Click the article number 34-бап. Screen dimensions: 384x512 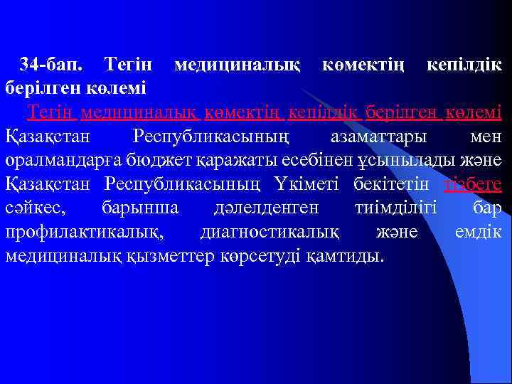pos(51,65)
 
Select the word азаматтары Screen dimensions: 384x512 pos(376,136)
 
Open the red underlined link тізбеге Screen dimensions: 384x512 pos(473,184)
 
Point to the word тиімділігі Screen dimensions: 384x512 pos(395,208)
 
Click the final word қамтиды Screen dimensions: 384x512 pos(348,256)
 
